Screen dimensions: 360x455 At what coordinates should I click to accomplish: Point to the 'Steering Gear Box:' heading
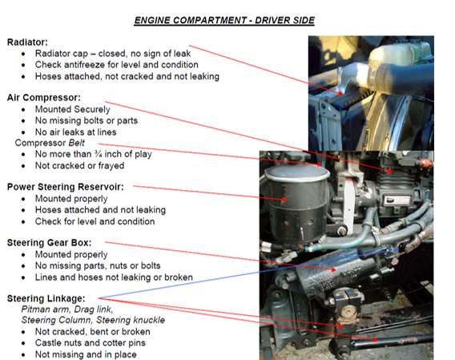pyautogui.click(x=49, y=242)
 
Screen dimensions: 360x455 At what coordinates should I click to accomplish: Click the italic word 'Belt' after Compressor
pyautogui.click(x=79, y=142)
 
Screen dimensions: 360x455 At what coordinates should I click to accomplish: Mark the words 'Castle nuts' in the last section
pyautogui.click(x=62, y=343)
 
